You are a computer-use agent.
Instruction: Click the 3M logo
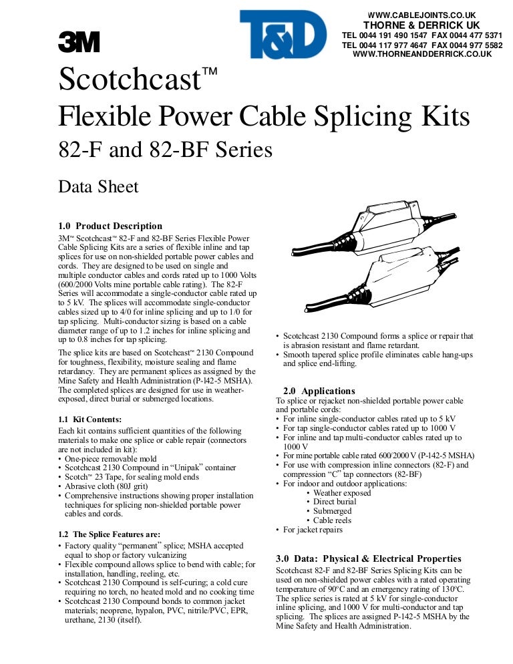(x=79, y=43)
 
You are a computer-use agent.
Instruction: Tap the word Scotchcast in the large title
(x=130, y=81)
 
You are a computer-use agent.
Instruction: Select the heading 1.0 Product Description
(x=111, y=226)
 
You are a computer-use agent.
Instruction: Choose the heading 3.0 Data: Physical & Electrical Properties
(x=368, y=558)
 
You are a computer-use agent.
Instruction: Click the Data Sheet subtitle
(x=99, y=186)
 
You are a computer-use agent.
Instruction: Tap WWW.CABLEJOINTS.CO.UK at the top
(x=421, y=15)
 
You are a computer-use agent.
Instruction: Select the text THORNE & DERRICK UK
(x=421, y=25)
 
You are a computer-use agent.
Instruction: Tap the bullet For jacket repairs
(x=312, y=529)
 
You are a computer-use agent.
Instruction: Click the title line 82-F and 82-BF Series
(x=166, y=149)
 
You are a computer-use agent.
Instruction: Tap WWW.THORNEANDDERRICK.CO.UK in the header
(x=421, y=54)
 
